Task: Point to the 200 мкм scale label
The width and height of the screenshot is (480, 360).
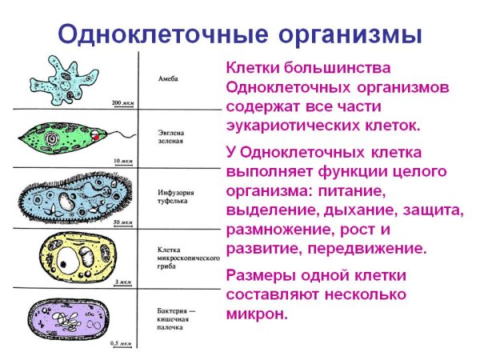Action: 122,103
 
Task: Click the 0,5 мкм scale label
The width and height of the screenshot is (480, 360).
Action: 120,342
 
